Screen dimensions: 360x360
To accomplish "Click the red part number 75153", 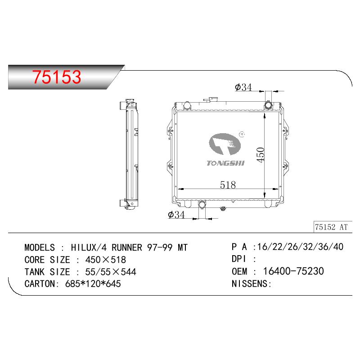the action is [x=57, y=76].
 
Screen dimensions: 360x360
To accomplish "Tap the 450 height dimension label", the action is [x=261, y=155].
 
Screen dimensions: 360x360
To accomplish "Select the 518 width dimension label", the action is [x=228, y=184].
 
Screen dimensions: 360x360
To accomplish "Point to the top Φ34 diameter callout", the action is [x=243, y=87].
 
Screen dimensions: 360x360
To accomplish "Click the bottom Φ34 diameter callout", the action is [x=176, y=215].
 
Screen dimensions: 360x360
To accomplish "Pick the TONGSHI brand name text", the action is [x=225, y=163].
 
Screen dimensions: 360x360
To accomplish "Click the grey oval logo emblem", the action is [x=225, y=144].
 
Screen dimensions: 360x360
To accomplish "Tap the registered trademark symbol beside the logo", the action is [x=242, y=134].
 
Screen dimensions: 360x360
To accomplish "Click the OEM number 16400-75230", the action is [x=293, y=271].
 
